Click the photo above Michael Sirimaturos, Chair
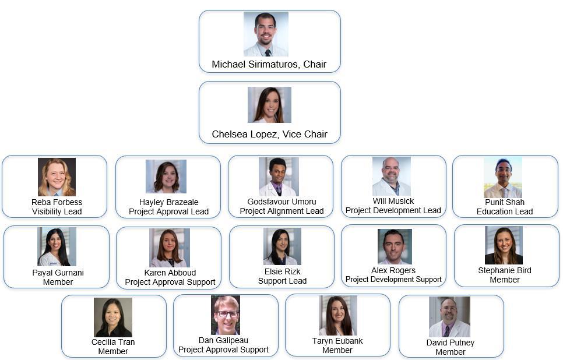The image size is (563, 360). (x=266, y=34)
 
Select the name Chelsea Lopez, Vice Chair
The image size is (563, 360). (x=269, y=134)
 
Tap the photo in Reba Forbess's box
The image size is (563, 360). (x=57, y=177)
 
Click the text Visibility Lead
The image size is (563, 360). (x=57, y=211)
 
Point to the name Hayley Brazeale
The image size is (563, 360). (x=168, y=202)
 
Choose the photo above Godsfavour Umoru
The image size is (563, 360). (x=279, y=177)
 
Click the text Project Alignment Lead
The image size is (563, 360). (x=281, y=211)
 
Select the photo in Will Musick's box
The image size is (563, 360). (x=391, y=176)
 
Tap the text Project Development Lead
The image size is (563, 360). (x=393, y=210)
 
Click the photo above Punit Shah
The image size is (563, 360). (x=502, y=177)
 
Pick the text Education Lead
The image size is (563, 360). (x=505, y=211)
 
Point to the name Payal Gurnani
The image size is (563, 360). (x=58, y=273)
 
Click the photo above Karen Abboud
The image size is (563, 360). (x=169, y=248)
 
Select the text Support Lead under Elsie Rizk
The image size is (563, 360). (x=282, y=281)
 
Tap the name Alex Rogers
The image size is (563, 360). (x=393, y=270)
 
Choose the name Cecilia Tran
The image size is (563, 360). (x=113, y=342)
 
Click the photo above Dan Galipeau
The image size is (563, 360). (x=225, y=315)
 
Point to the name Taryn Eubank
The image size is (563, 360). (x=337, y=341)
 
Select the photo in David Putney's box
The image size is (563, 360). (x=449, y=317)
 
